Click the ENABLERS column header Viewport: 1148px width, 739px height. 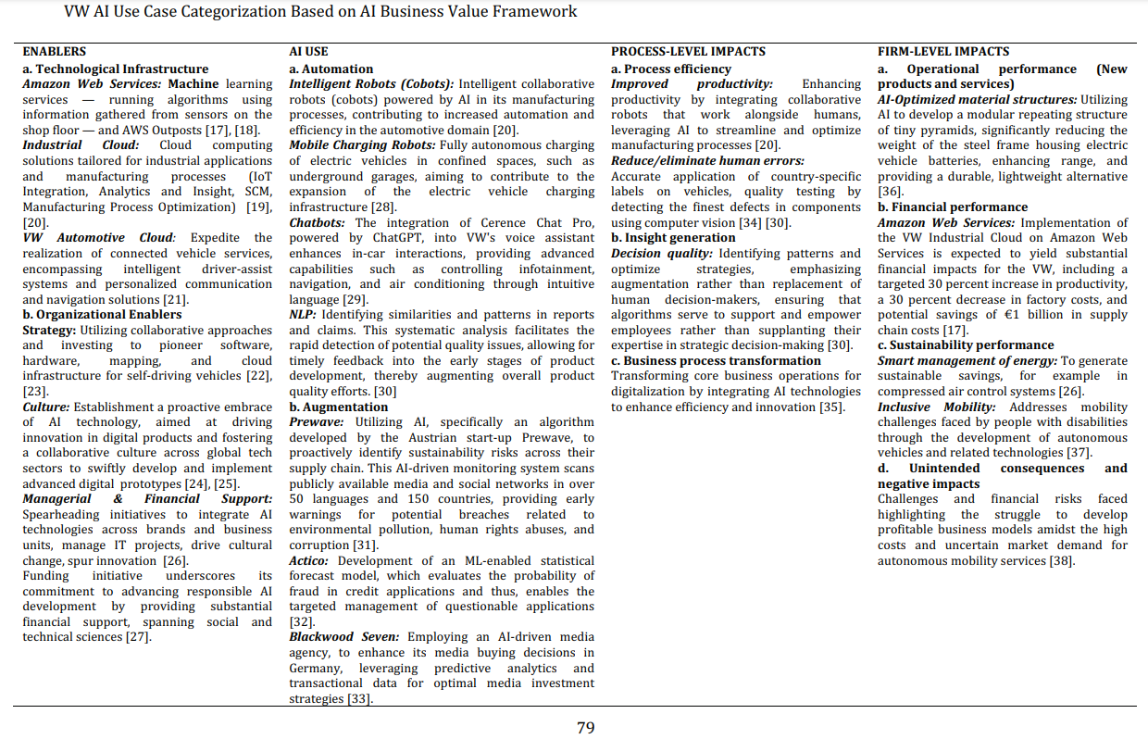click(x=55, y=52)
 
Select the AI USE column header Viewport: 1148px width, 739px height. click(x=308, y=52)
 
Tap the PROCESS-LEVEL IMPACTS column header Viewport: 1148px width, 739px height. click(x=688, y=52)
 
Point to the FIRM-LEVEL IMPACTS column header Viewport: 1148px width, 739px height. click(x=943, y=52)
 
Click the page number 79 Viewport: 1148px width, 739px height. click(x=585, y=728)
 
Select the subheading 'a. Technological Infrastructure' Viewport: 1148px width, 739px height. click(x=116, y=69)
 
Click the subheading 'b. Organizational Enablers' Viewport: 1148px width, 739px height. click(x=102, y=314)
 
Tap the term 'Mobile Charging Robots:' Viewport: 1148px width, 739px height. click(x=362, y=145)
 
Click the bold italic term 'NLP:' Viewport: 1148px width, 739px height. click(x=303, y=314)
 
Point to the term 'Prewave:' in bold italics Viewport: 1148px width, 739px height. click(x=317, y=421)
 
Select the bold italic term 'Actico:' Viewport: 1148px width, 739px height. click(x=310, y=560)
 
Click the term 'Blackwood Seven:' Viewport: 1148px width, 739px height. click(x=344, y=637)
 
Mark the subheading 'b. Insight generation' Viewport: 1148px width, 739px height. click(x=673, y=238)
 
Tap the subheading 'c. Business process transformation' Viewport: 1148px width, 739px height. click(x=716, y=360)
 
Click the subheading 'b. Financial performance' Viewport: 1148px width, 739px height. click(x=953, y=207)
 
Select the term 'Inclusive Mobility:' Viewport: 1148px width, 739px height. click(x=938, y=407)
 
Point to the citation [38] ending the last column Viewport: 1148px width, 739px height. click(x=1061, y=560)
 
